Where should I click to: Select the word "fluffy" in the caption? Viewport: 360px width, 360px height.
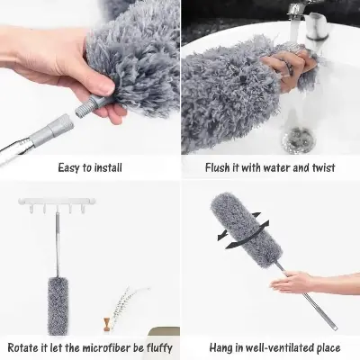point(152,346)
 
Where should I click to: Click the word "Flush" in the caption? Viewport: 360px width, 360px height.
point(207,166)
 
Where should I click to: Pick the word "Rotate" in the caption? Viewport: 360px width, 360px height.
point(26,346)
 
